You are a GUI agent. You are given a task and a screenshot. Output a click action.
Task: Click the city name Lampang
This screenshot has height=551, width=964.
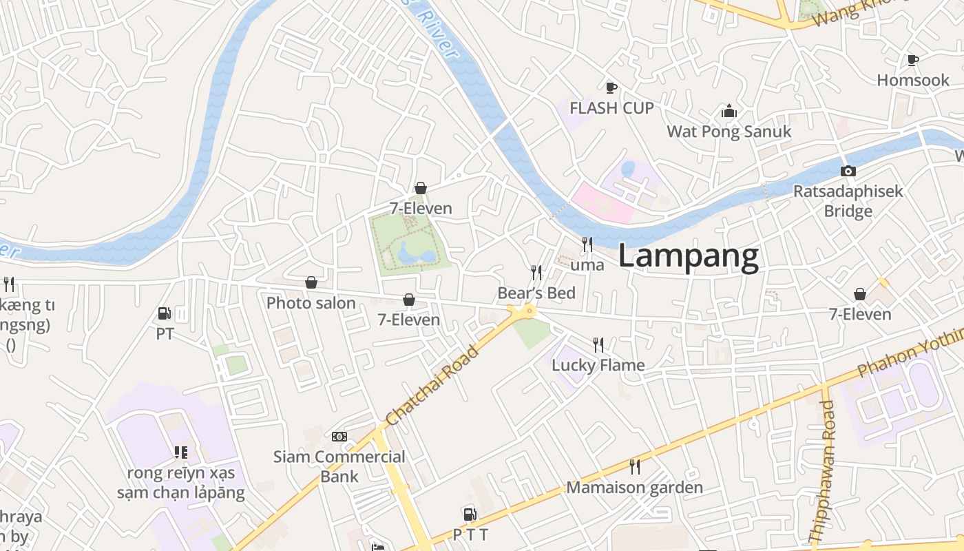click(x=689, y=256)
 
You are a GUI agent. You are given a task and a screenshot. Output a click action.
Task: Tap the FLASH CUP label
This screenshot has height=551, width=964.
click(x=611, y=108)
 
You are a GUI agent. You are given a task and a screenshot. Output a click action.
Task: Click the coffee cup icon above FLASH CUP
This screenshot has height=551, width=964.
click(x=611, y=87)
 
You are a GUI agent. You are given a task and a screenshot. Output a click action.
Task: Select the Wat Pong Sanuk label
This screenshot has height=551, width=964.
click(x=729, y=132)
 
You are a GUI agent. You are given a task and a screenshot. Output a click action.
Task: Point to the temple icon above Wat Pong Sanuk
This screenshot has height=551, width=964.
click(x=729, y=111)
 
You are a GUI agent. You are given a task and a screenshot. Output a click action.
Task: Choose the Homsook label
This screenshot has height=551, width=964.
click(x=913, y=81)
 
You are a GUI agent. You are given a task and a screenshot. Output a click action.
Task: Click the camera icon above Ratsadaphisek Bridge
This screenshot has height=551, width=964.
click(x=848, y=171)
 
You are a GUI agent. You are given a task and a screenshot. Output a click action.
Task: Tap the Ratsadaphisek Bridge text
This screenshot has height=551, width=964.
click(x=848, y=200)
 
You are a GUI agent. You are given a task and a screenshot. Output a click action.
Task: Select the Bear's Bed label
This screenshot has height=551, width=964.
click(x=536, y=293)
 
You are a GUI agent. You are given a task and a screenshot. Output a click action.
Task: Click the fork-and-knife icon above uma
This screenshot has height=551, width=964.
click(x=587, y=244)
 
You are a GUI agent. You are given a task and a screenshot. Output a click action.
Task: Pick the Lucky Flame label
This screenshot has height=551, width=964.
click(x=598, y=365)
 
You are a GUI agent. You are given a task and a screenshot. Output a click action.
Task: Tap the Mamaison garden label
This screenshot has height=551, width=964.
click(x=634, y=488)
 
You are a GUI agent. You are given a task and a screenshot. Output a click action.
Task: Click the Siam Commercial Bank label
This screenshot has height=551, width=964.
click(x=339, y=466)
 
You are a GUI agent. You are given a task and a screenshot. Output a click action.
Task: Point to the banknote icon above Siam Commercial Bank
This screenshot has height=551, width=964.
click(x=339, y=437)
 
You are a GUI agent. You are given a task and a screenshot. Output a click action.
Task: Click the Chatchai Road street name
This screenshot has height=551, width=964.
click(x=432, y=386)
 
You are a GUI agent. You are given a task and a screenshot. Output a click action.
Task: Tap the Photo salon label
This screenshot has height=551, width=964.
click(x=311, y=303)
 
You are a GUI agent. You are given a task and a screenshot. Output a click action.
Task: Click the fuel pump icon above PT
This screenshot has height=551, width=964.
click(x=164, y=313)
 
